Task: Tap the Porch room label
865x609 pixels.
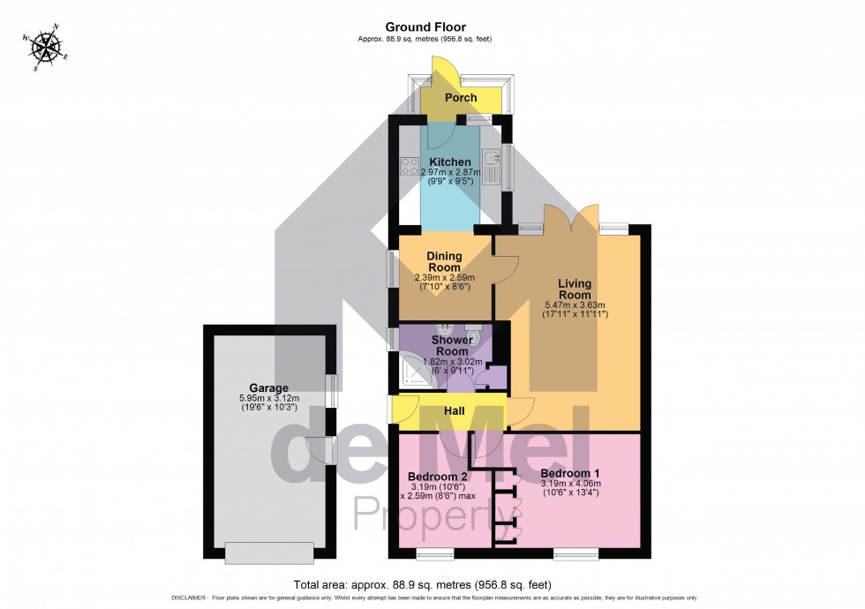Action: tap(460, 97)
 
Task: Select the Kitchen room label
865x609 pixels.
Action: tap(450, 162)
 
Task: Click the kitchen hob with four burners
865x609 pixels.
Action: tap(410, 165)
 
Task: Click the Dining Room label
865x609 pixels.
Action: tap(445, 261)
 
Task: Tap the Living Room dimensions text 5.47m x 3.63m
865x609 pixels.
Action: tap(575, 304)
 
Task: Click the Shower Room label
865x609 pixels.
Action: tap(452, 345)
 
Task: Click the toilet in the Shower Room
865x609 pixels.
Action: tap(473, 335)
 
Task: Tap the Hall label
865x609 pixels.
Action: tap(454, 410)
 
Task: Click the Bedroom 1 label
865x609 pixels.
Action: tap(569, 473)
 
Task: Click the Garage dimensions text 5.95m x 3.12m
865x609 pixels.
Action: tap(268, 398)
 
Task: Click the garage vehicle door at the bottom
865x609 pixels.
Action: tap(268, 553)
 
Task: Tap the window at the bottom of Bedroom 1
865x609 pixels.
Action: tap(578, 555)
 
